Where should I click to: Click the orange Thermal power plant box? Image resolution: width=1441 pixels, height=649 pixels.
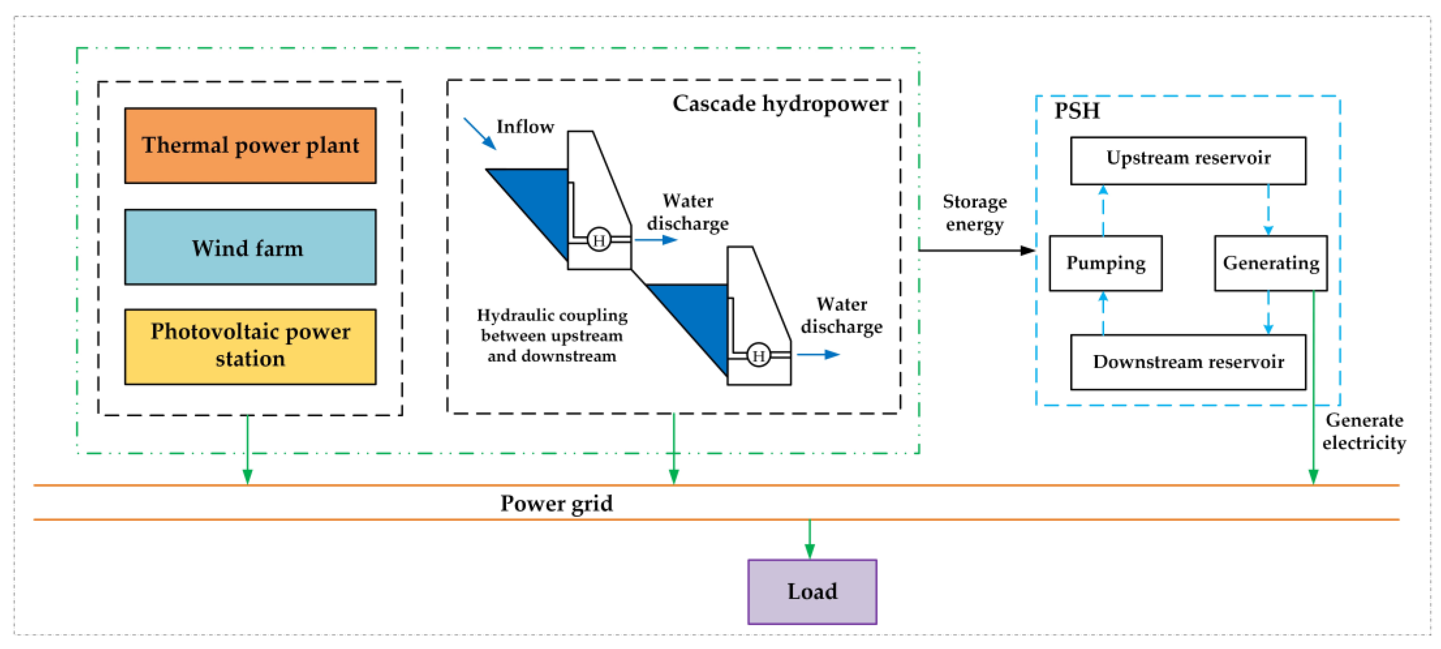coord(250,145)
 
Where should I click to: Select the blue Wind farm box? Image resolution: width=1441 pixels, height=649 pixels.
coord(250,247)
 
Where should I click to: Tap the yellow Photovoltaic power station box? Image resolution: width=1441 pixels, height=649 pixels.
coord(250,346)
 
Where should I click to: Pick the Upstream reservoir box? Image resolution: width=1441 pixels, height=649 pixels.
coord(1188,160)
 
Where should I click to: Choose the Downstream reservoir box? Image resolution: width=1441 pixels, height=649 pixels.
coord(1188,362)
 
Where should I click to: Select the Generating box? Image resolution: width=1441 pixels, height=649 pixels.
coord(1270,263)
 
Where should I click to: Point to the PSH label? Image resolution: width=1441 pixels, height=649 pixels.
coord(1076,111)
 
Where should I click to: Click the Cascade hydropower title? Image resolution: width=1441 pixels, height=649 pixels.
coord(780,104)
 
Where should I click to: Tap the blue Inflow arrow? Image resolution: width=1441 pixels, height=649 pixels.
coord(480,134)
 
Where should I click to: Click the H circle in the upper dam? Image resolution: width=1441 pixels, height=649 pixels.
coord(599,240)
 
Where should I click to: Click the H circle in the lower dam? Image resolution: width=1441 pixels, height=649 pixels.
coord(759,355)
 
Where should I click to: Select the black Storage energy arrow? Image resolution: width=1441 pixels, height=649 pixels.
coord(976,250)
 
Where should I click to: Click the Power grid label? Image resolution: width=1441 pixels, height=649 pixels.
coord(556,503)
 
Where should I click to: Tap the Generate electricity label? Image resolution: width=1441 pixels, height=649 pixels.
coord(1363,432)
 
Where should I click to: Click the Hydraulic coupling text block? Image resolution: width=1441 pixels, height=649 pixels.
coord(552,336)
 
